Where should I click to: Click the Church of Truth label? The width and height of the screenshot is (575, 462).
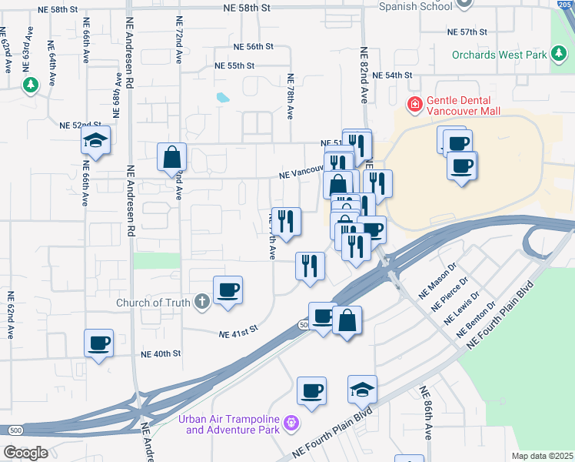(x=152, y=303)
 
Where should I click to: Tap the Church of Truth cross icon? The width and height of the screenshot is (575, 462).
(x=201, y=302)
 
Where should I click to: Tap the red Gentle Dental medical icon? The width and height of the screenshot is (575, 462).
(x=414, y=103)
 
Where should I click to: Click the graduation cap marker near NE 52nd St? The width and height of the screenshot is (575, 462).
(x=96, y=141)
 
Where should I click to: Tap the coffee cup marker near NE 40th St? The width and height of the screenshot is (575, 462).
(x=99, y=343)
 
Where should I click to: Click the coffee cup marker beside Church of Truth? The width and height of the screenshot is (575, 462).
(x=228, y=290)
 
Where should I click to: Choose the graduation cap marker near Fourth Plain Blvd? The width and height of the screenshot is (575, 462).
(x=362, y=390)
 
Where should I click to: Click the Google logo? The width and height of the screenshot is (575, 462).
(x=25, y=453)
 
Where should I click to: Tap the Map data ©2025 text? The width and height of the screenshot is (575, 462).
(x=542, y=456)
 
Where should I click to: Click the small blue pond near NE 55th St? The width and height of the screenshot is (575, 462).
(x=223, y=98)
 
